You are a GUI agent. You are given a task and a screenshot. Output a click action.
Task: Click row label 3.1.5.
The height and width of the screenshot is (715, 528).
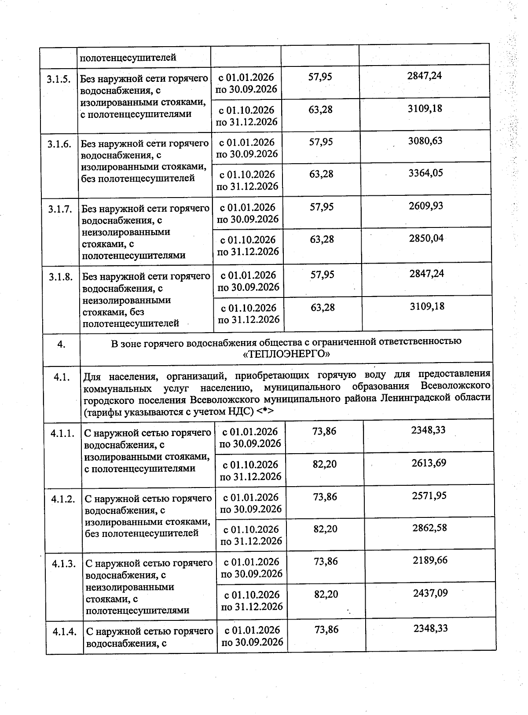pyautogui.click(x=58, y=80)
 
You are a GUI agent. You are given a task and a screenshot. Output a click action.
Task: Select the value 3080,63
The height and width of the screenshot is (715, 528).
pyautogui.click(x=425, y=141)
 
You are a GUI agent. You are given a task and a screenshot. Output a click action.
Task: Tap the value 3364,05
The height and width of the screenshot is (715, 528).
pyautogui.click(x=425, y=173)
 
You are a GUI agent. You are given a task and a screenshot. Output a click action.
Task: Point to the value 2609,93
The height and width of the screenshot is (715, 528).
pyautogui.click(x=426, y=206)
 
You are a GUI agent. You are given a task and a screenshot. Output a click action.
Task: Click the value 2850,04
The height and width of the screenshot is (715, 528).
pyautogui.click(x=426, y=238)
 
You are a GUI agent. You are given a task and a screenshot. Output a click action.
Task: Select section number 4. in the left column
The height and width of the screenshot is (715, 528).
pyautogui.click(x=62, y=345)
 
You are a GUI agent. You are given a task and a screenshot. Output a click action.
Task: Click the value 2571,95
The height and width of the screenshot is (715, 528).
pyautogui.click(x=429, y=495)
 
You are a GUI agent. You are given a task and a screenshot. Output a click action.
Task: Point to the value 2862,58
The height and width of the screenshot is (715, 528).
pyautogui.click(x=429, y=528)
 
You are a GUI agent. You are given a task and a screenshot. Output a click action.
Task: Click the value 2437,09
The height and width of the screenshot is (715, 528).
pyautogui.click(x=430, y=593)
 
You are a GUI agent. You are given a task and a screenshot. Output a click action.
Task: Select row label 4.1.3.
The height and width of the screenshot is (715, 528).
pyautogui.click(x=64, y=564)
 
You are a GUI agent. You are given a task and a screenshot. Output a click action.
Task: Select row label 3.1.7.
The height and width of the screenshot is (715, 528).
pyautogui.click(x=60, y=209)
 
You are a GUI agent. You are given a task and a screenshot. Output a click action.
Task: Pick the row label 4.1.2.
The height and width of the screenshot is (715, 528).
pyautogui.click(x=63, y=499)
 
